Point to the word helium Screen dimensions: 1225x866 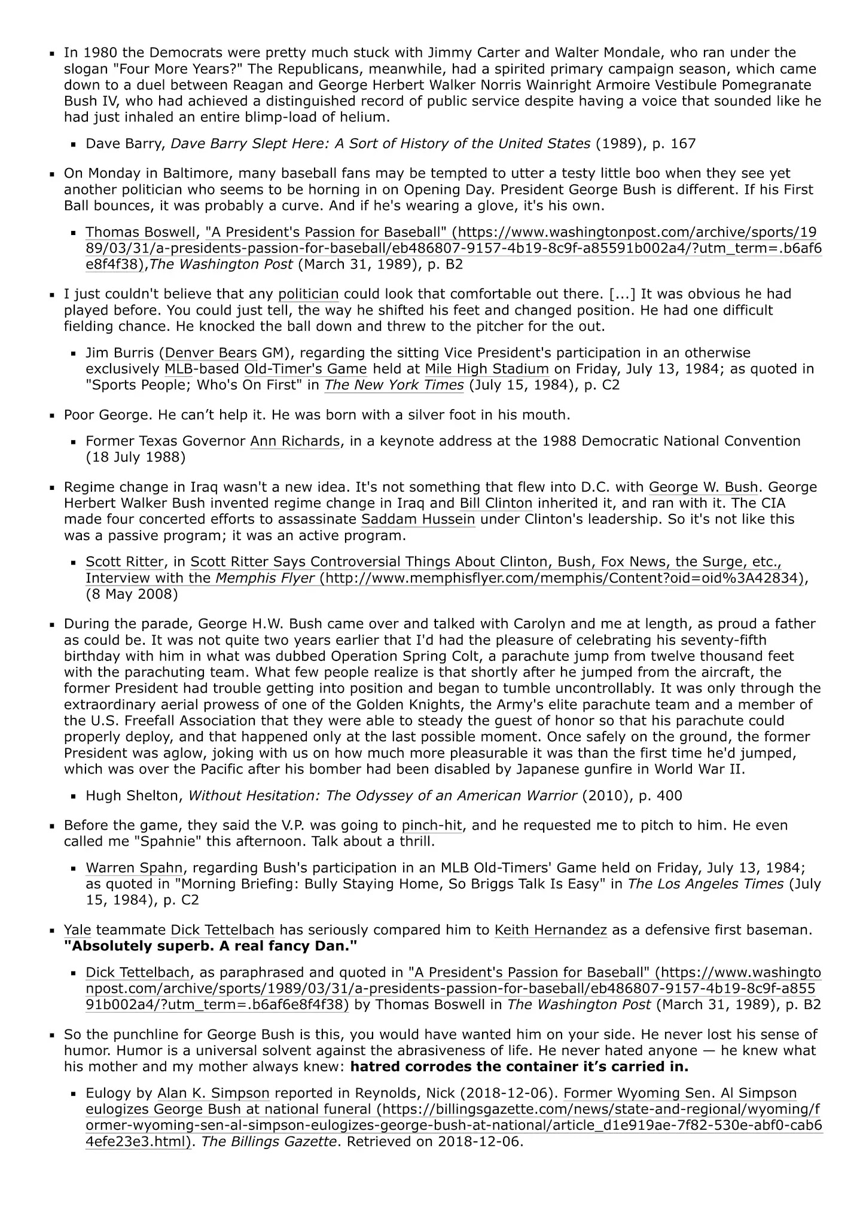click(x=364, y=117)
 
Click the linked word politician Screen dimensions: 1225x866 click(x=309, y=294)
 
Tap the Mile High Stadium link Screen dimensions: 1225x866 click(x=487, y=369)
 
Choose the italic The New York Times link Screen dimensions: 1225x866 click(x=394, y=385)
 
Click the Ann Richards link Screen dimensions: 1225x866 click(x=295, y=441)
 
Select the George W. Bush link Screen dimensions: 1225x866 click(x=703, y=487)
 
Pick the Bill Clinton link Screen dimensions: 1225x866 click(x=496, y=504)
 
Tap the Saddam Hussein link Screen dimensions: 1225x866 click(x=418, y=520)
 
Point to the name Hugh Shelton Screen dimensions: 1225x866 click(x=132, y=796)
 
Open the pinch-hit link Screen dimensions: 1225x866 click(x=431, y=826)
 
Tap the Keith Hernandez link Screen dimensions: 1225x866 click(x=550, y=931)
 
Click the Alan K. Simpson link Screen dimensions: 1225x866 click(x=213, y=1094)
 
